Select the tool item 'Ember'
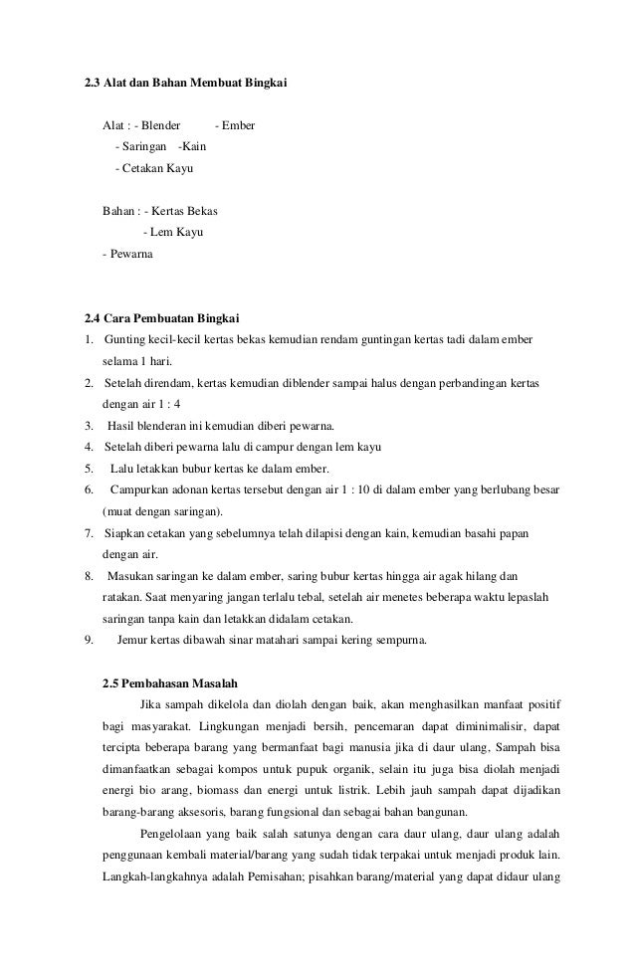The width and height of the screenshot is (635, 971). pyautogui.click(x=240, y=126)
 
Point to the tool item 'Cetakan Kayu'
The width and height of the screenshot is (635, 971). pyautogui.click(x=158, y=168)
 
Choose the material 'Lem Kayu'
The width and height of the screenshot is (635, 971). pyautogui.click(x=177, y=232)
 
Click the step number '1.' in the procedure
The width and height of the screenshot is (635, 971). pyautogui.click(x=88, y=340)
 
